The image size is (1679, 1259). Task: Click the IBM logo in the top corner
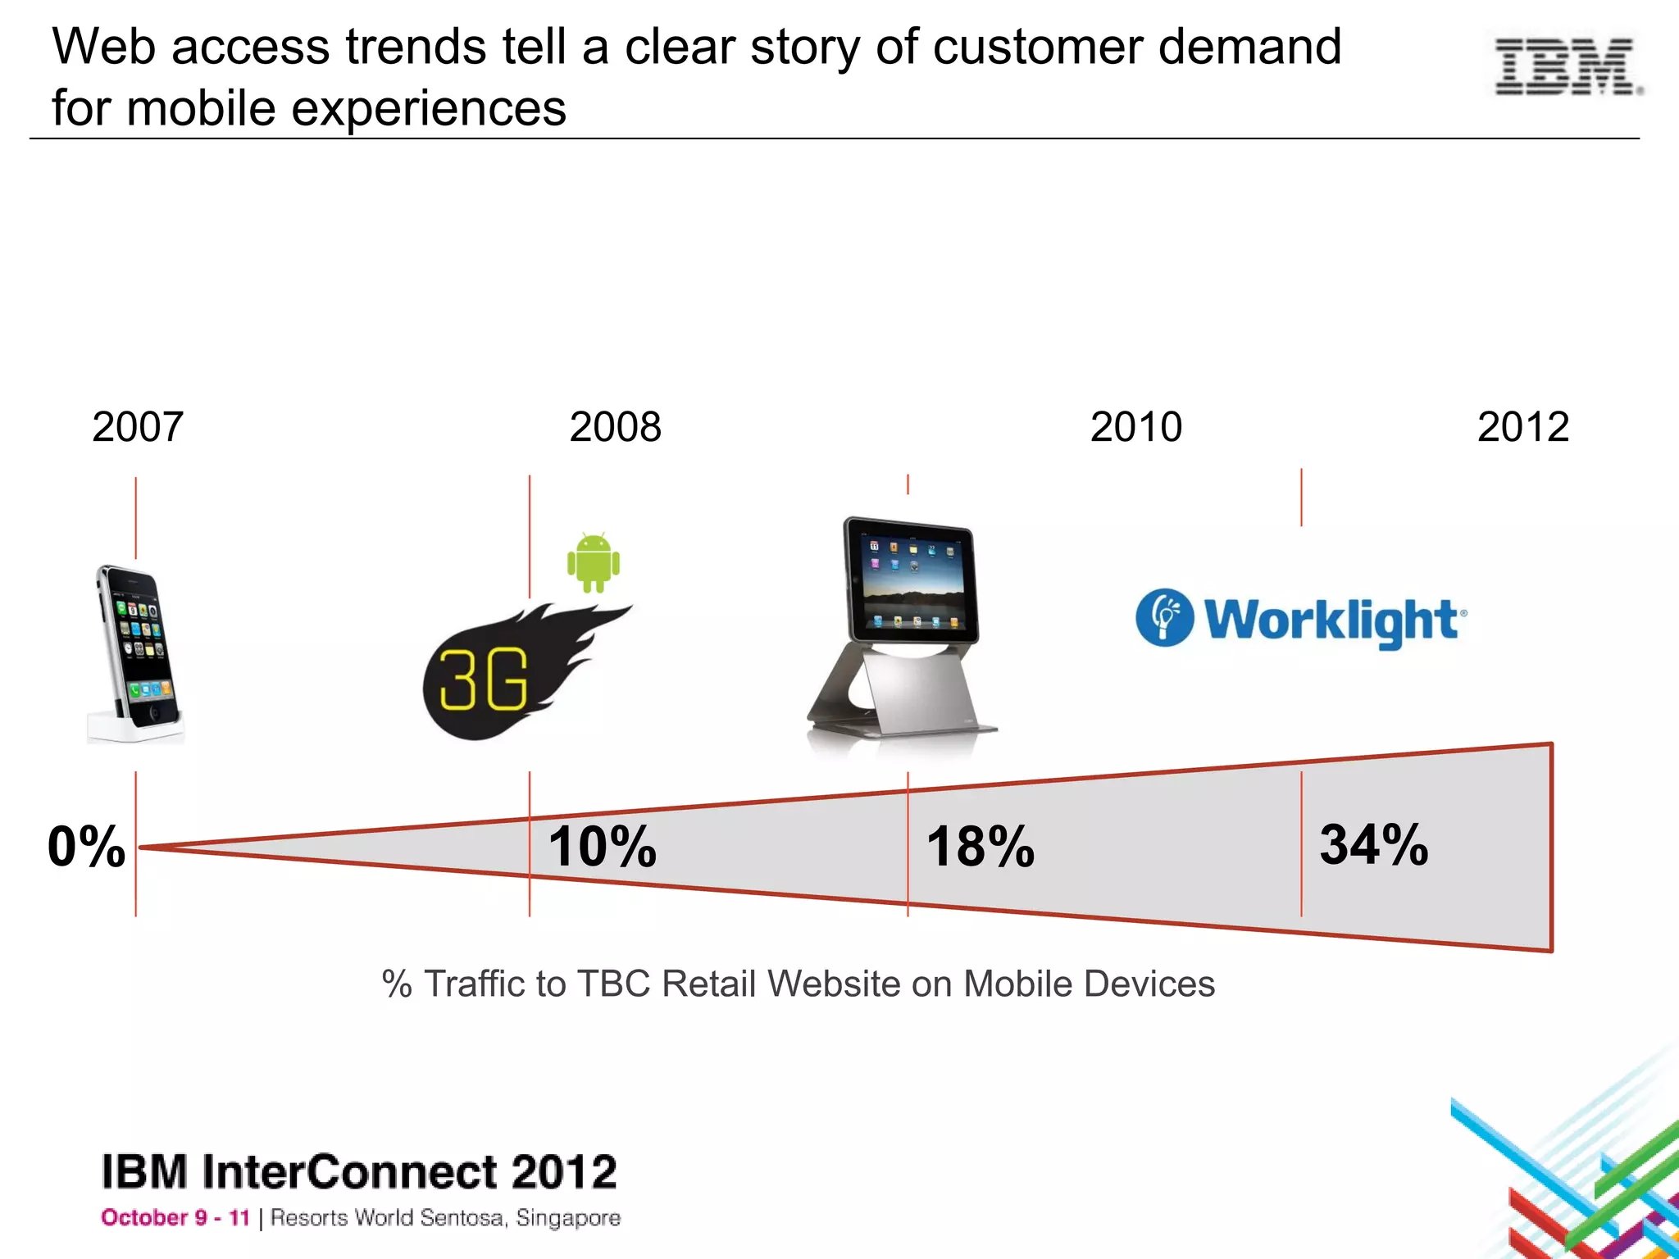[1568, 66]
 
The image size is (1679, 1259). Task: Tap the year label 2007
[137, 427]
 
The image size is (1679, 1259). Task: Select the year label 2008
[615, 427]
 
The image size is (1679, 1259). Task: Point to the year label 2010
[1135, 427]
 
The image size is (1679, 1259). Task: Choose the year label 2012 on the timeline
[1522, 427]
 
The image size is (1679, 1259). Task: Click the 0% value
[86, 846]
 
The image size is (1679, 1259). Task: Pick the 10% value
[602, 846]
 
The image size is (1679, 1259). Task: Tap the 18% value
[980, 846]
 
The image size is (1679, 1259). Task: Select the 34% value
[1373, 844]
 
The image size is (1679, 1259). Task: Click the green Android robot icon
[594, 562]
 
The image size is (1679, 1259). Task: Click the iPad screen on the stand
[912, 582]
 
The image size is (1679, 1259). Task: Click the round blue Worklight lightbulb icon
[1164, 617]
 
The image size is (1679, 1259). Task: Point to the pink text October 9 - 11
[175, 1218]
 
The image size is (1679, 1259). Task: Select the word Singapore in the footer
[567, 1218]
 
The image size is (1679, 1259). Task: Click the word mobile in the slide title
[201, 108]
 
